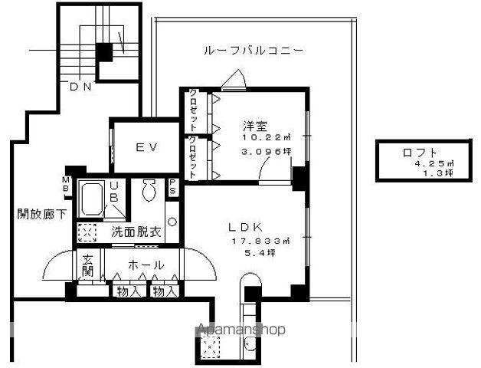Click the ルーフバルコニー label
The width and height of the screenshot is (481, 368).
coord(254,51)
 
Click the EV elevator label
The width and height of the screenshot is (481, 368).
coord(147,146)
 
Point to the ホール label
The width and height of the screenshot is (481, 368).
coord(146,265)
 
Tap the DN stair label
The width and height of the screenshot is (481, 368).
coord(80,87)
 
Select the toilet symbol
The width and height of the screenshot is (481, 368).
coord(149,188)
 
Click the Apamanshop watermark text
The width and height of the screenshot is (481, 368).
coord(242,330)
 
